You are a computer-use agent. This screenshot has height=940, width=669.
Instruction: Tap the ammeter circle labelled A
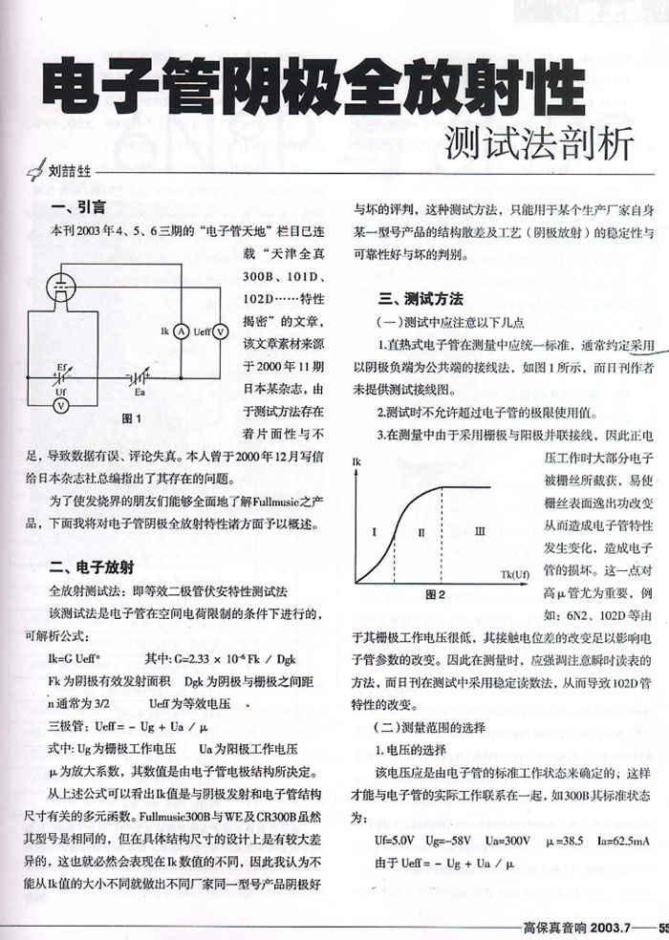(x=180, y=331)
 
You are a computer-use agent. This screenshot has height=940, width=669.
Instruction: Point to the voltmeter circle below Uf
(x=60, y=405)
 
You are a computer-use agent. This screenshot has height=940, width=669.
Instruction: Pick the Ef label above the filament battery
(x=61, y=366)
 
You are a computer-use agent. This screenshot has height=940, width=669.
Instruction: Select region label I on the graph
(x=376, y=530)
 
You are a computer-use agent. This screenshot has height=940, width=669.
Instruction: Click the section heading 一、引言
(x=78, y=207)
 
